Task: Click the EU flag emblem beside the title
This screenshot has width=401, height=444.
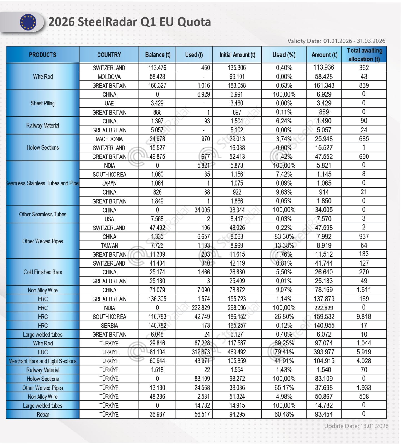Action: (28, 22)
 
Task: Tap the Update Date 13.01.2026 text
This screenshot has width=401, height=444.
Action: (356, 426)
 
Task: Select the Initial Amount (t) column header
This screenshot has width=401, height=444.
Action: (237, 55)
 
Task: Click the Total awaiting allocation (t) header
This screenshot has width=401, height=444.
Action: (364, 55)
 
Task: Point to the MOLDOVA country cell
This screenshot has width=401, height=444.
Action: (109, 77)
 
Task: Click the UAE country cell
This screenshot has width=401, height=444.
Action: (109, 104)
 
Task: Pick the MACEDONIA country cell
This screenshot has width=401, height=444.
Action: (109, 139)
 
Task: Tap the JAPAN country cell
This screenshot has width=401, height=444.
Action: (109, 183)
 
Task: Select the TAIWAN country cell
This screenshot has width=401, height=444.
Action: (109, 246)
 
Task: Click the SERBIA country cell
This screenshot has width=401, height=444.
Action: (109, 326)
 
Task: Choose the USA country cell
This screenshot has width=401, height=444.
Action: (109, 219)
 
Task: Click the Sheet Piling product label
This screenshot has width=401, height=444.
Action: (43, 104)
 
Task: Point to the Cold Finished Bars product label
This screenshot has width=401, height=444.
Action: (43, 272)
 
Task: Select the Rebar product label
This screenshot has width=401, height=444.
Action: (43, 415)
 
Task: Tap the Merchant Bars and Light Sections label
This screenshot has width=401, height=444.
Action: (43, 361)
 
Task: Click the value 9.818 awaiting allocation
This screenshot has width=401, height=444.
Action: (364, 317)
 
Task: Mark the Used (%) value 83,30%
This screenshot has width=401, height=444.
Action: (284, 237)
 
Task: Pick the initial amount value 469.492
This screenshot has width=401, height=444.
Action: (237, 352)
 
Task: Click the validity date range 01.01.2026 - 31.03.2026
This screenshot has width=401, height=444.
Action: (354, 41)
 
